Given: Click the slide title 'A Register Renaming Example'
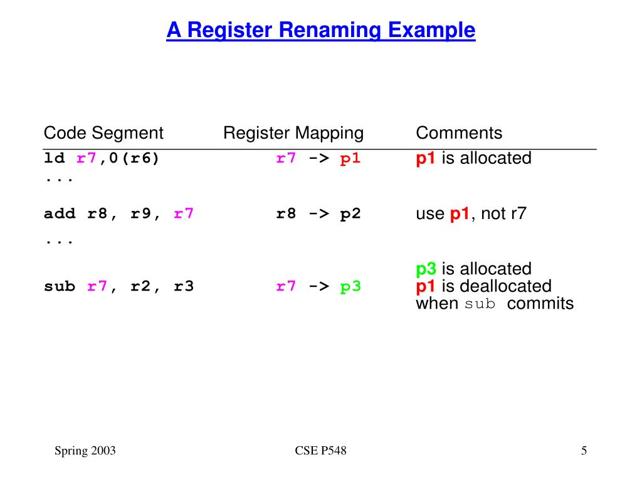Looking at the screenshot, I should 320,29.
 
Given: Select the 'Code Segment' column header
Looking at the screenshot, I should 103,133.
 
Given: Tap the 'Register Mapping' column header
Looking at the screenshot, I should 293,133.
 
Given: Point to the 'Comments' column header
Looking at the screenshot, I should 459,133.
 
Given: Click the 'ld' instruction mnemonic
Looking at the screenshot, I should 55,158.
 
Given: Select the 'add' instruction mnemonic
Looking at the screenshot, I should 60,214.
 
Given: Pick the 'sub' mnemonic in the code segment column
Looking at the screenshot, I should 60,287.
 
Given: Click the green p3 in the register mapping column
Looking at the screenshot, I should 350,287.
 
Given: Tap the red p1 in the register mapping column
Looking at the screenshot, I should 350,158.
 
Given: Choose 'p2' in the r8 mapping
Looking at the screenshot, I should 350,214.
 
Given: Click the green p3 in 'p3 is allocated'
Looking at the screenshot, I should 426,269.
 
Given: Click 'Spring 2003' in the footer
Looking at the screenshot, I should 85,451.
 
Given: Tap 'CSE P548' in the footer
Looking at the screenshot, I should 320,451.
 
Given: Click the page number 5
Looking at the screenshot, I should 584,451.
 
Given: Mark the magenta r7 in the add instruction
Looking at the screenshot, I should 184,214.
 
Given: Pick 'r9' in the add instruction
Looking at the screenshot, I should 140,214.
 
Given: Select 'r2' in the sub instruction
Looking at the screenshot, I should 140,287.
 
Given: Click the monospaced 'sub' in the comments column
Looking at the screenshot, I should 480,305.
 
